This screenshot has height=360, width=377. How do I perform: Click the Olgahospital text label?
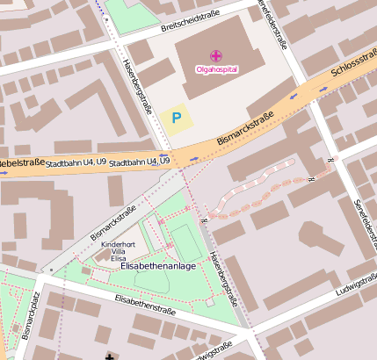click(216, 68)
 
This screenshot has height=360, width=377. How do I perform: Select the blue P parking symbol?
click(178, 117)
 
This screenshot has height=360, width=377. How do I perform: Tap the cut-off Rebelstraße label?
click(21, 163)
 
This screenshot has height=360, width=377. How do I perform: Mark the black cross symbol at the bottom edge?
click(109, 356)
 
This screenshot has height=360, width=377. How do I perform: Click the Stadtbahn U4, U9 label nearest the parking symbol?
click(140, 162)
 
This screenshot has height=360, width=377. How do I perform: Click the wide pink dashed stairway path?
click(264, 189)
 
